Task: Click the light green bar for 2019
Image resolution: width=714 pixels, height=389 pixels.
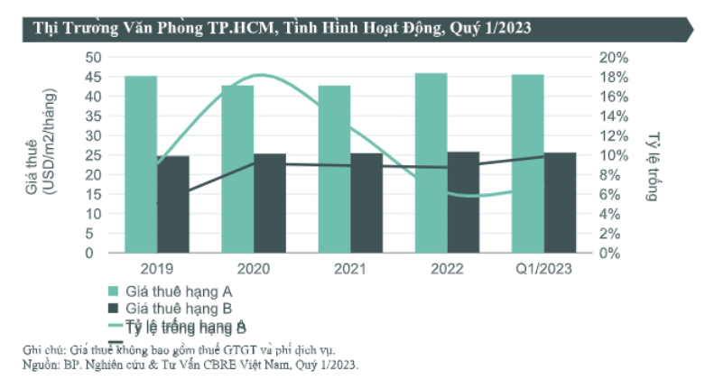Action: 141,164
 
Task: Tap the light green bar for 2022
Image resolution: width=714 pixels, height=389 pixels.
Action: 431,162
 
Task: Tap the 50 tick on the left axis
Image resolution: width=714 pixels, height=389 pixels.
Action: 92,57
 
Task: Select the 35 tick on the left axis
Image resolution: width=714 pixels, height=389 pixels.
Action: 92,116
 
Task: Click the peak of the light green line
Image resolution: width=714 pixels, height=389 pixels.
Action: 260,75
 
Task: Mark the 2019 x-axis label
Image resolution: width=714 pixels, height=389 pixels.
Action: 157,268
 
